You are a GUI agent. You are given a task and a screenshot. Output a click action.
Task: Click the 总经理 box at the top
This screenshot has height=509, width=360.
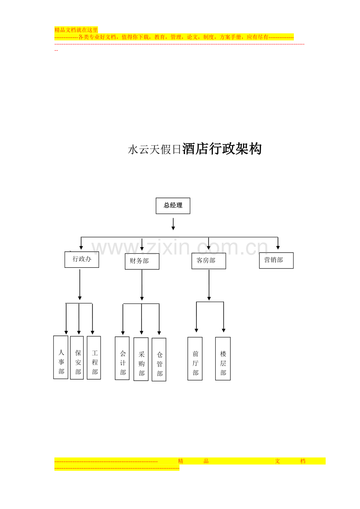point(173,206)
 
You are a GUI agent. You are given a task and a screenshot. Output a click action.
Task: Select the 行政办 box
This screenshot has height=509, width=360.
point(82,260)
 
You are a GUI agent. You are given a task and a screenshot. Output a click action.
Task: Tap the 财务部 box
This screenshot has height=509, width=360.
point(142,261)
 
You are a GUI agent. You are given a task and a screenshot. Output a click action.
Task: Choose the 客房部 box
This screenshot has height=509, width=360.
point(209,261)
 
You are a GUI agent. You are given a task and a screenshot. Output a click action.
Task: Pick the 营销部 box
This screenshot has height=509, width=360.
point(276,260)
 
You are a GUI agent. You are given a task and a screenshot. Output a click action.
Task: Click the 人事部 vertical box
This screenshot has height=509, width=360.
point(61,357)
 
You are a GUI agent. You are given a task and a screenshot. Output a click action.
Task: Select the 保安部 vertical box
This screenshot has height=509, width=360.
point(77,358)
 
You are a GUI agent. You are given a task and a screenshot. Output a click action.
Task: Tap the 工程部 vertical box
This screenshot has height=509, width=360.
point(94,358)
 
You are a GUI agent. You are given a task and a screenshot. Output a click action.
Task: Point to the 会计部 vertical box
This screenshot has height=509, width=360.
point(122,358)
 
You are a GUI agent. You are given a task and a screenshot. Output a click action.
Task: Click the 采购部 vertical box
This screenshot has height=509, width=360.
point(141,359)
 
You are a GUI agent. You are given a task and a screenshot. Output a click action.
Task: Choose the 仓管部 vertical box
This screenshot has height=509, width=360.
point(159,360)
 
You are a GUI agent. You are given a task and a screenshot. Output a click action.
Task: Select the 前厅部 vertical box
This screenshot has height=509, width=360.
point(195,359)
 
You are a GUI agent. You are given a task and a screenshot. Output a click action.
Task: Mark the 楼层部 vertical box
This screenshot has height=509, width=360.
point(223,359)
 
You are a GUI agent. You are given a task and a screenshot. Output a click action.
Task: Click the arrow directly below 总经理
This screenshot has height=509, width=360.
point(173,224)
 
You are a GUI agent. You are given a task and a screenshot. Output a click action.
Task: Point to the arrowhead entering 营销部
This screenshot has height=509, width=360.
point(278,247)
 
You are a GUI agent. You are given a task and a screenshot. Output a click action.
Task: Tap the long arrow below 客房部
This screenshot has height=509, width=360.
point(209,285)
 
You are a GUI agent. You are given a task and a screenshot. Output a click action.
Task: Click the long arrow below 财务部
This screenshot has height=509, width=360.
point(142,285)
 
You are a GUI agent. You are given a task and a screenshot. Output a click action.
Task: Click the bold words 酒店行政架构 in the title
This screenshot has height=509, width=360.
point(222,149)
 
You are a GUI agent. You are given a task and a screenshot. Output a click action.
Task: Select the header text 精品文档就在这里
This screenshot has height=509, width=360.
point(76,30)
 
